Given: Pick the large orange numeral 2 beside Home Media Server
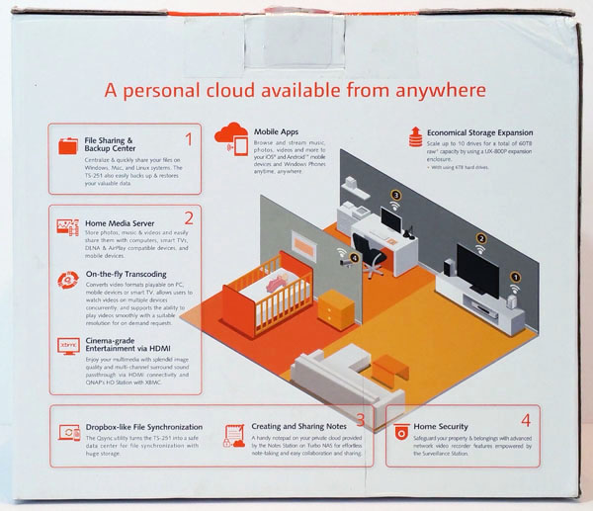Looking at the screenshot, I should coord(188,220).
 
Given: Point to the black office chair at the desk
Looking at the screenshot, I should coord(372,255).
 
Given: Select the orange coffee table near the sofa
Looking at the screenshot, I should coord(391,368).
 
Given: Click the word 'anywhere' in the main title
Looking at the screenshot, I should coord(443,92).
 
